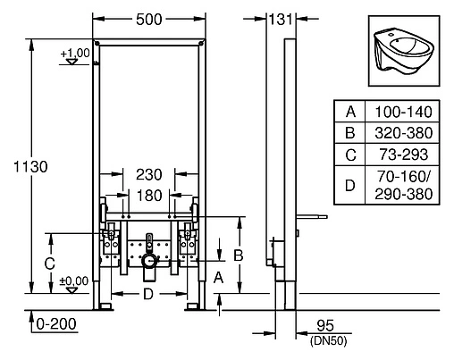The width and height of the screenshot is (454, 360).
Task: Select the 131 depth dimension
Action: click(282, 20)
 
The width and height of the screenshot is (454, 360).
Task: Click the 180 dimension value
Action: click(149, 196)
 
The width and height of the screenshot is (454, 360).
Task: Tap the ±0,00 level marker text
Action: click(74, 280)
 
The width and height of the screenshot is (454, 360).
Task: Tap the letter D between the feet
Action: click(150, 294)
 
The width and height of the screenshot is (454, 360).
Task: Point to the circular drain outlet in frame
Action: click(149, 264)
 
